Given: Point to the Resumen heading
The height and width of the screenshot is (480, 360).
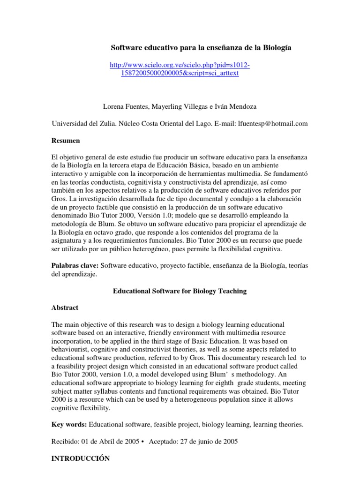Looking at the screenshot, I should click(65, 140).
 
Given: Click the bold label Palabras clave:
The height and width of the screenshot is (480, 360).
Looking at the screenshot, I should click(75, 266).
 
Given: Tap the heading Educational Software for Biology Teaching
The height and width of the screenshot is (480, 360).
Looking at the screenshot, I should click(180, 291).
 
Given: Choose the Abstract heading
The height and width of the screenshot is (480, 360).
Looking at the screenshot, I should click(65, 308).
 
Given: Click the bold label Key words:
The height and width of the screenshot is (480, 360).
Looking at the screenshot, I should click(68, 425).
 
